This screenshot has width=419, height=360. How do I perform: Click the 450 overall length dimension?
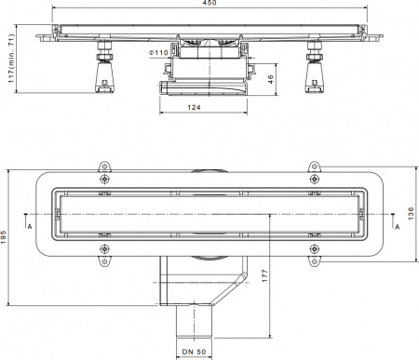[x=209, y=6]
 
